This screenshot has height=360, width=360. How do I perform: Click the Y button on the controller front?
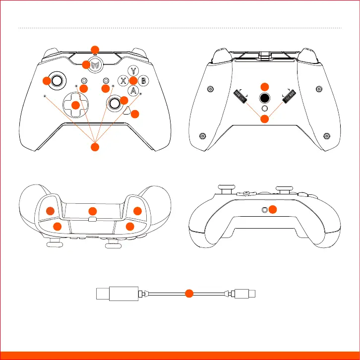pyautogui.click(x=133, y=70)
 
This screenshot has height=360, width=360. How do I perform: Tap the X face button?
pyautogui.click(x=122, y=80)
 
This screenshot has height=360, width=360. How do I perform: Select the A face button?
pyautogui.click(x=132, y=90)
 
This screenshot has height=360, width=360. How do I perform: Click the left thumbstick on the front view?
pyautogui.click(x=58, y=80)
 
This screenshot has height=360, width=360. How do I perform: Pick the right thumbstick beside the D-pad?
pyautogui.click(x=115, y=103)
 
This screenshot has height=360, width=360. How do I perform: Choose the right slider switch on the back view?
pyautogui.click(x=289, y=97)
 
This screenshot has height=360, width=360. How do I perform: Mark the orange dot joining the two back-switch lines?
pyautogui.click(x=265, y=119)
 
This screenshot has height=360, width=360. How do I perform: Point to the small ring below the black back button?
pyautogui.click(x=265, y=108)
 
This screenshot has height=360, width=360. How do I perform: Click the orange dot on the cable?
pyautogui.click(x=188, y=294)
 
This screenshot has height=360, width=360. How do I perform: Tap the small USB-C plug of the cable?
pyautogui.click(x=247, y=294)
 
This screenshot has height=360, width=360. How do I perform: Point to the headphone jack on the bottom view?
pyautogui.click(x=265, y=210)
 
